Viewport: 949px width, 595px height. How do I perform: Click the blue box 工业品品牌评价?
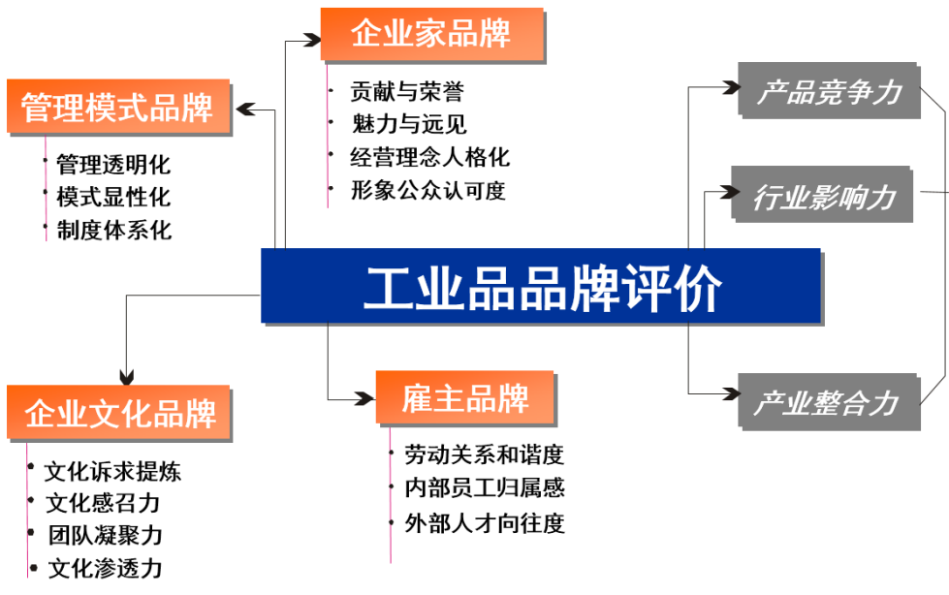tap(540, 285)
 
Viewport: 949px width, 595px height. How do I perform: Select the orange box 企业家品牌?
tap(431, 34)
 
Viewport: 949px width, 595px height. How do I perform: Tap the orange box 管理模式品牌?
tap(117, 106)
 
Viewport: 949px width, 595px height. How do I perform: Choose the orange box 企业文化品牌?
tap(118, 413)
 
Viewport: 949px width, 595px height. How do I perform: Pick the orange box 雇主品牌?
tap(464, 397)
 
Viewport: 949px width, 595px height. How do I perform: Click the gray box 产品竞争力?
tap(829, 91)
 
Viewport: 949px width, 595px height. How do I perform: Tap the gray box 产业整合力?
tap(828, 400)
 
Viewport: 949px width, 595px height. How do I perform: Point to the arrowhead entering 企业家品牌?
tap(310, 41)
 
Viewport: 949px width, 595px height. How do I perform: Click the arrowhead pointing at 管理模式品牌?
tap(243, 110)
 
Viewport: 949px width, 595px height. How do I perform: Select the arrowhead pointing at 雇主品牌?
tap(365, 398)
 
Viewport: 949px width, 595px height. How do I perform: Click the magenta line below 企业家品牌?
tap(327, 136)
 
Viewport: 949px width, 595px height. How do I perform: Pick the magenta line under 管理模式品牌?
tap(46, 189)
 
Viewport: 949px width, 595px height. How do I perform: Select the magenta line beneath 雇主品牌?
tap(390, 494)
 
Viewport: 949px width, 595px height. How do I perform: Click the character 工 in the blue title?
tap(384, 287)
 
